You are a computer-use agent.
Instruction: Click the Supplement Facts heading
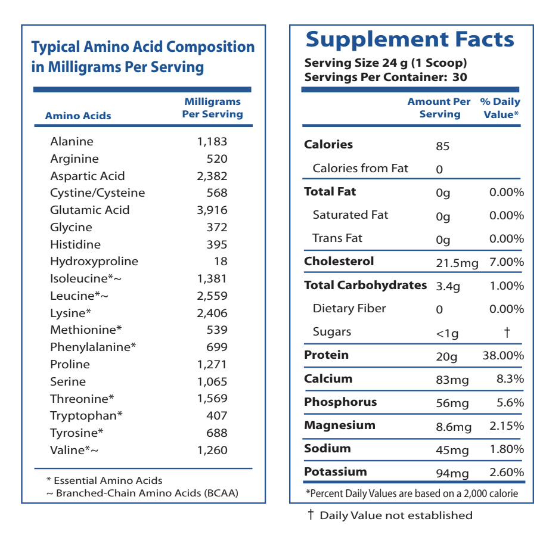(x=409, y=39)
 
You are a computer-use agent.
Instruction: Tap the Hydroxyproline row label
(x=94, y=262)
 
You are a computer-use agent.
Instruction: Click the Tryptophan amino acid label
(x=86, y=415)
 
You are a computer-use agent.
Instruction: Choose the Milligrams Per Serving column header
(x=212, y=108)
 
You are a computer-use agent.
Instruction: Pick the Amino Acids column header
(x=78, y=116)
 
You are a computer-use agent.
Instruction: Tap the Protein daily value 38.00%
(x=503, y=356)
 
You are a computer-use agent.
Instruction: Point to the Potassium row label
(x=336, y=472)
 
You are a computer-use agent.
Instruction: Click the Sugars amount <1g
(x=448, y=333)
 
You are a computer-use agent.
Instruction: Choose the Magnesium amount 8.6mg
(x=454, y=427)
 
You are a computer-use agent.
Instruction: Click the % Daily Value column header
(x=500, y=108)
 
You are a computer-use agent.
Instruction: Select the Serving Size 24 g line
(x=386, y=63)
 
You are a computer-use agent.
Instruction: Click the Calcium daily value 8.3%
(x=510, y=379)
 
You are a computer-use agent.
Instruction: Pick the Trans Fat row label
(x=337, y=238)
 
